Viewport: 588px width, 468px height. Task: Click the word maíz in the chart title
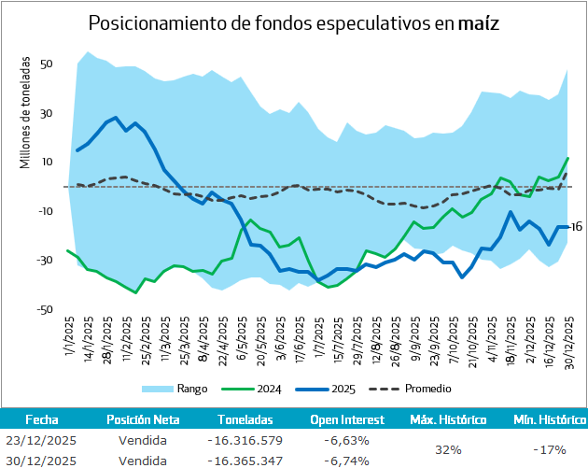[479, 23]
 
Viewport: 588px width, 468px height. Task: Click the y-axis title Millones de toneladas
[25, 113]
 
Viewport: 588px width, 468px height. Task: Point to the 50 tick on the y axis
[45, 64]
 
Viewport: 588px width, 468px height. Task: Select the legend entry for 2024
[271, 388]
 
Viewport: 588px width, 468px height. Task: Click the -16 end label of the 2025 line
[576, 226]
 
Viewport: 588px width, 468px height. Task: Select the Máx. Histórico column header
[448, 420]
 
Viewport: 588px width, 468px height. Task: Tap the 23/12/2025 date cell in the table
[42, 440]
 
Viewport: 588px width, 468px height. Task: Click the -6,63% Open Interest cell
[346, 440]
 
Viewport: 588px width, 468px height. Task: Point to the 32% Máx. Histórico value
[448, 450]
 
